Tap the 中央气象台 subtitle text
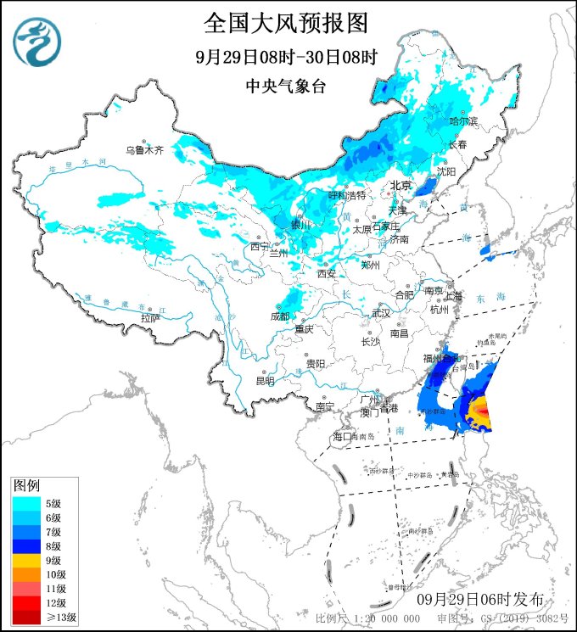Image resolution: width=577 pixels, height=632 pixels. (286, 86)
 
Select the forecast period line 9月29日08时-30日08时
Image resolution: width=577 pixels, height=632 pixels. (286, 57)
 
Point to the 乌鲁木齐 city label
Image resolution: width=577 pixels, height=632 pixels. (143, 150)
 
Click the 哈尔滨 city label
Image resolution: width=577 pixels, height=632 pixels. (463, 122)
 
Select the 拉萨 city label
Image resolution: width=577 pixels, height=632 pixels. (150, 317)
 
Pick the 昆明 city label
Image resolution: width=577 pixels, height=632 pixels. (265, 381)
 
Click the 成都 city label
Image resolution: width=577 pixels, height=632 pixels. (279, 316)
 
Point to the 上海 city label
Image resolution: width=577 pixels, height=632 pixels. (454, 295)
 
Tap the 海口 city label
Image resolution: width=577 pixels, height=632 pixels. (343, 436)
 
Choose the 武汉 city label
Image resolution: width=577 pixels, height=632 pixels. (382, 313)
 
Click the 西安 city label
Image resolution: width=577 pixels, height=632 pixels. (327, 273)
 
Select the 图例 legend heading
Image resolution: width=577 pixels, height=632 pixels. (26, 486)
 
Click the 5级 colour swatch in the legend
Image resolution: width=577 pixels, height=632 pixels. (26, 502)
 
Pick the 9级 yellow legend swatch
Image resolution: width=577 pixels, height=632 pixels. (26, 560)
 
